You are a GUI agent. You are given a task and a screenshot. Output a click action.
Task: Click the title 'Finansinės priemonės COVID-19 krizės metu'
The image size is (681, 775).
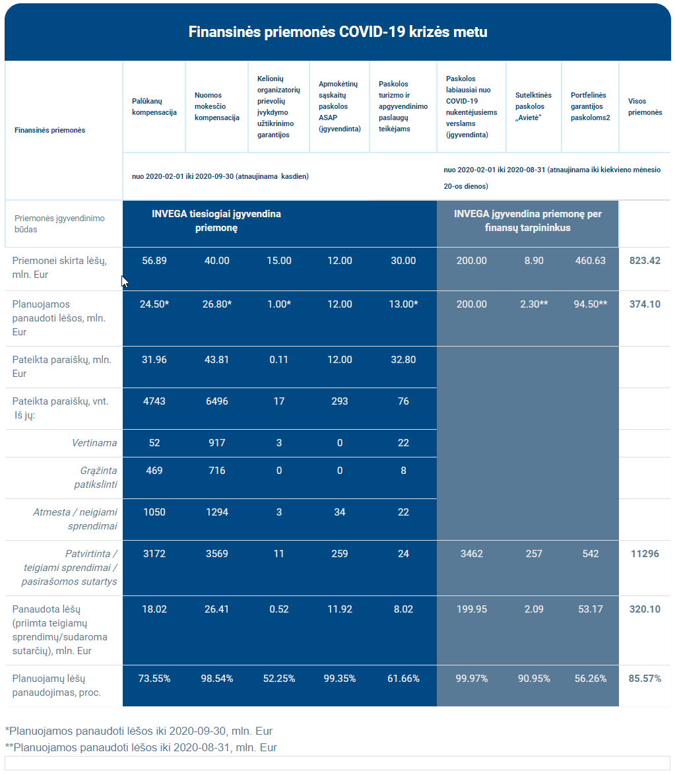tap(338, 32)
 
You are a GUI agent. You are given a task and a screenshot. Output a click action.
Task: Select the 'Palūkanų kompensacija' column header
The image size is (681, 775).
tap(154, 107)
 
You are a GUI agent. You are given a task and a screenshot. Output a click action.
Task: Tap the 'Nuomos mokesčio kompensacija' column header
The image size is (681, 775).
tap(217, 106)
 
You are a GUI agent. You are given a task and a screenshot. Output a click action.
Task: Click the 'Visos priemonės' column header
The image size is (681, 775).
tap(645, 107)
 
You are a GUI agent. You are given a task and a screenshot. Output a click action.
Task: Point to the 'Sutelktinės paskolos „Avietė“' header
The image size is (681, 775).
tap(533, 106)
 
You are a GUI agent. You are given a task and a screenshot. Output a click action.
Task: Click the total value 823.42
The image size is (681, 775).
tap(645, 261)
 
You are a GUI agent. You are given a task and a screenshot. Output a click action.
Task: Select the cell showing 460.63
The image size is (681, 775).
tap(590, 261)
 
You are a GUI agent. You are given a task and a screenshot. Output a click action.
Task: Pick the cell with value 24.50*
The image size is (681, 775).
tap(154, 304)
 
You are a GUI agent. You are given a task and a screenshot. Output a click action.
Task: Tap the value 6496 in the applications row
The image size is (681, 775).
tap(217, 401)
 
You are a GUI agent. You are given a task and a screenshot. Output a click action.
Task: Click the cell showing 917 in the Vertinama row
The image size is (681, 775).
tap(217, 442)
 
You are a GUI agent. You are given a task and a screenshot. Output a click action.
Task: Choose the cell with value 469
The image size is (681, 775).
tap(154, 470)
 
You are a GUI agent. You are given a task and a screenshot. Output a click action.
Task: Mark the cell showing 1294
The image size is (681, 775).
tap(217, 512)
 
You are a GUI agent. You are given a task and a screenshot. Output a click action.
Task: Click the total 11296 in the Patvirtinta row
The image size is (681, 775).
tap(645, 554)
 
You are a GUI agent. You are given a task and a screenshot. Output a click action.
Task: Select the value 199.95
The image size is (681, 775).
tap(471, 609)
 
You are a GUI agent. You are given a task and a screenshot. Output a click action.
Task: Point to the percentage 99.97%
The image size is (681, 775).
tap(471, 678)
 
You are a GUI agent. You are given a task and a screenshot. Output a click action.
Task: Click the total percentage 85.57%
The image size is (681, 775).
tap(645, 678)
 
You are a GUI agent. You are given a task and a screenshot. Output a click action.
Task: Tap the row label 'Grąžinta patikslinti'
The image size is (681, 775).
tap(96, 477)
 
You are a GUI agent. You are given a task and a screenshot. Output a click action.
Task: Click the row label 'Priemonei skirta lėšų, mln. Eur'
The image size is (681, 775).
tap(59, 267)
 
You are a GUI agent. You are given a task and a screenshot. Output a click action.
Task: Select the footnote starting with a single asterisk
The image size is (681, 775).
tap(139, 731)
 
